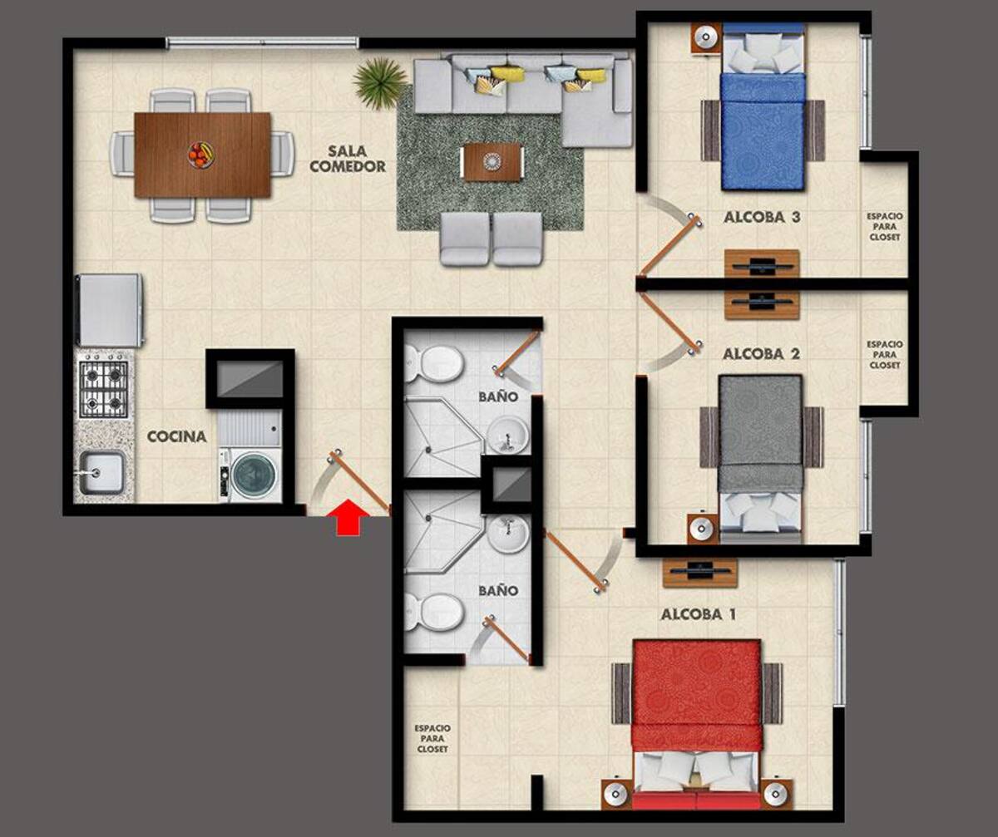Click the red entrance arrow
click(x=348, y=517)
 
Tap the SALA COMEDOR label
click(x=348, y=159)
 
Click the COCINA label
click(x=177, y=436)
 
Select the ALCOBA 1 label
click(x=698, y=615)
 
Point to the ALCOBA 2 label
click(x=761, y=354)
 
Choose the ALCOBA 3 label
click(x=762, y=218)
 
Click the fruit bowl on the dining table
click(x=200, y=155)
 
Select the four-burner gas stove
click(x=104, y=389)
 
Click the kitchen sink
click(x=101, y=473)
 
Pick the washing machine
click(x=250, y=475)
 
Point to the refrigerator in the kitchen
click(x=110, y=310)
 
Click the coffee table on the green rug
click(x=492, y=161)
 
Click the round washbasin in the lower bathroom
click(x=508, y=534)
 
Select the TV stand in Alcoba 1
click(x=699, y=573)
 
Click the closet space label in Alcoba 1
click(x=432, y=739)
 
